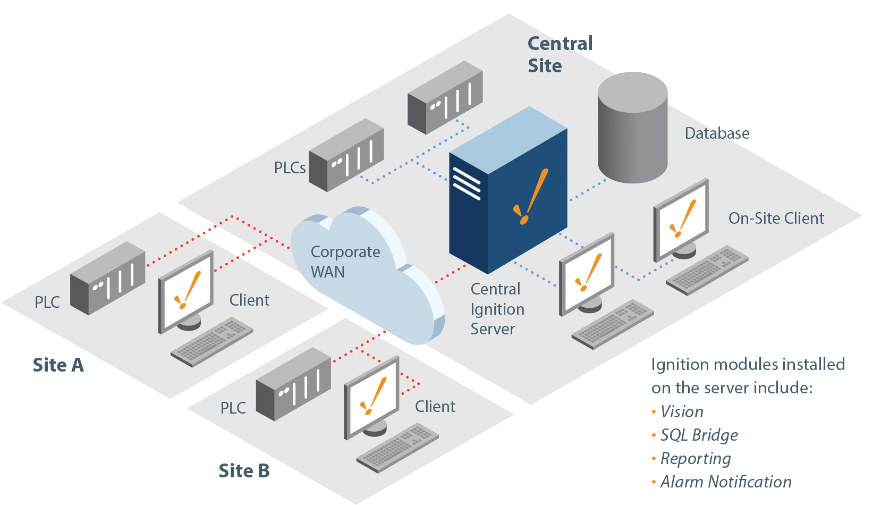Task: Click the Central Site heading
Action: tap(560, 54)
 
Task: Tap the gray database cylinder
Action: tap(632, 127)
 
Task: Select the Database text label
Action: tap(717, 133)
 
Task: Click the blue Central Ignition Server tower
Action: tap(508, 190)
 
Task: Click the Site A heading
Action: tap(58, 365)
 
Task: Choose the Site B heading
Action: tap(244, 471)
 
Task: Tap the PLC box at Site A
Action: tap(107, 278)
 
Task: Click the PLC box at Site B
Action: tap(293, 384)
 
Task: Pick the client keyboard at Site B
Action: tap(397, 448)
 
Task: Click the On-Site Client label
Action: tap(776, 218)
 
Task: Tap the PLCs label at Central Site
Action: tap(290, 167)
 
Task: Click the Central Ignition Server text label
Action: tap(497, 309)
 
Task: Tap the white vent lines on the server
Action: tap(467, 183)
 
